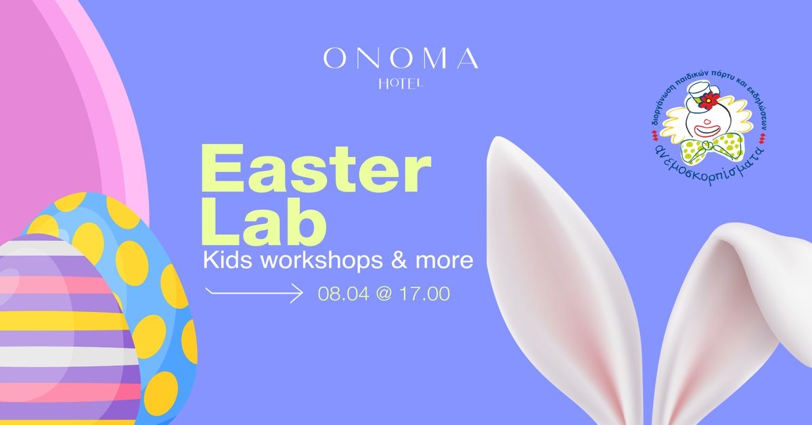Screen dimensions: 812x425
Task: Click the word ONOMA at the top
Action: [x=401, y=58]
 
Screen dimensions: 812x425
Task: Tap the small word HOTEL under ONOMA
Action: [x=401, y=85]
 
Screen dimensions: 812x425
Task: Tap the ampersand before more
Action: [x=399, y=261]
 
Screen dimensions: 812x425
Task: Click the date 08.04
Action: [x=344, y=293]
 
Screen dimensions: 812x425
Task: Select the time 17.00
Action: [x=424, y=293]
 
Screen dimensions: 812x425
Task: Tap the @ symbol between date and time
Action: [x=384, y=294]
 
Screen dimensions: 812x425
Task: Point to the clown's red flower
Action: [x=709, y=100]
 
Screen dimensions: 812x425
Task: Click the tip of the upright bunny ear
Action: [x=497, y=138]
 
